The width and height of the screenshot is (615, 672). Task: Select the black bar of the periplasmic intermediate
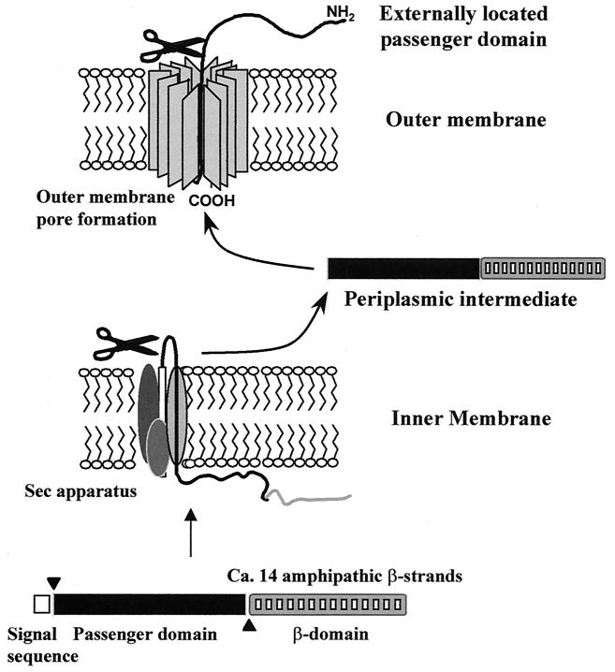click(x=403, y=268)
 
